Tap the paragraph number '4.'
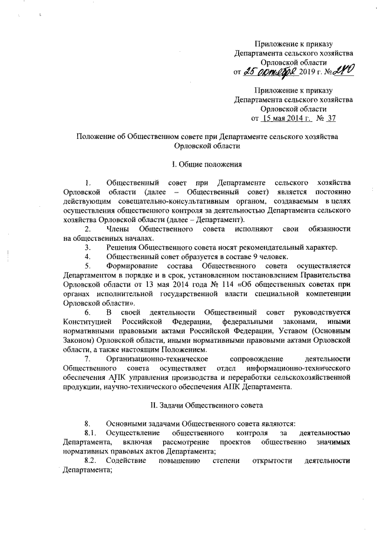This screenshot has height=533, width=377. point(88,256)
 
